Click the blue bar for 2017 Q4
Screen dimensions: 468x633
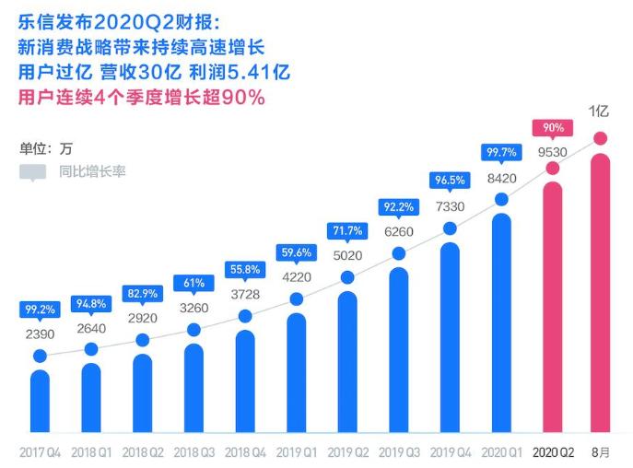pyautogui.click(x=40, y=401)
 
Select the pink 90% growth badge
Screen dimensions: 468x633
pyautogui.click(x=553, y=127)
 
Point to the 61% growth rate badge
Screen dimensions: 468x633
pyautogui.click(x=193, y=283)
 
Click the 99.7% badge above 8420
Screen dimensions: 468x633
pyautogui.click(x=501, y=152)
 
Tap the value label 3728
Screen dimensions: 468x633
pyautogui.click(x=245, y=293)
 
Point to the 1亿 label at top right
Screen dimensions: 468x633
pyautogui.click(x=600, y=111)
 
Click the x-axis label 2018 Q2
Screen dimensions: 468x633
pyautogui.click(x=142, y=452)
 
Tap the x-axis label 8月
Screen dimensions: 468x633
pyautogui.click(x=601, y=452)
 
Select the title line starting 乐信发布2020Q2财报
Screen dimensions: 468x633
pyautogui.click(x=120, y=18)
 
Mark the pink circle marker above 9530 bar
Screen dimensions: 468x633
pyautogui.click(x=553, y=169)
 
